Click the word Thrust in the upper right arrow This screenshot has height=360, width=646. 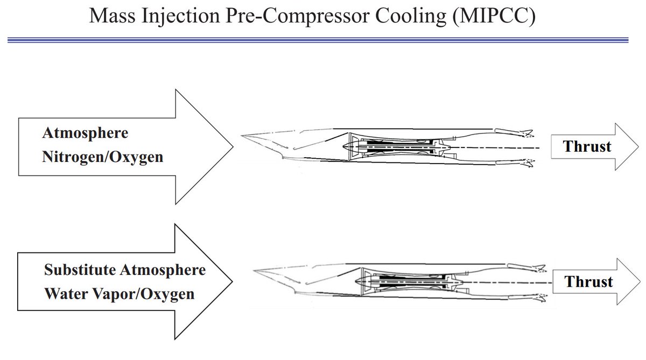click(587, 146)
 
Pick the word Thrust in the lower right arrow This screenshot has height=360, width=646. click(589, 281)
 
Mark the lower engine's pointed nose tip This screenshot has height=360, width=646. click(252, 272)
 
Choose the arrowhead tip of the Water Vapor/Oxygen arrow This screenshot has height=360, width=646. click(233, 281)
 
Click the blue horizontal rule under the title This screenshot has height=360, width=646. click(318, 40)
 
